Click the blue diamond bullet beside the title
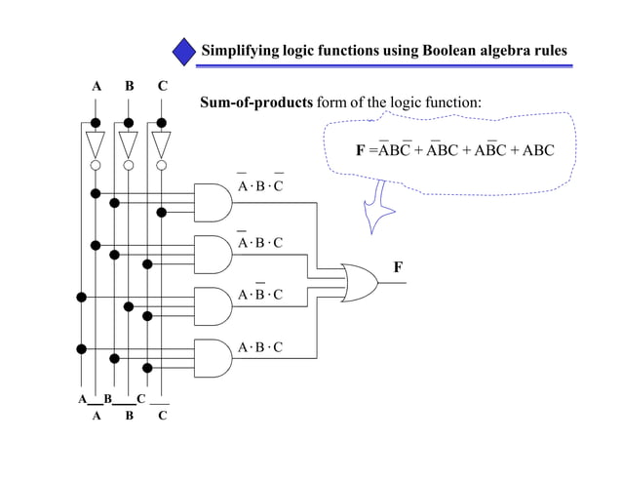pyautogui.click(x=185, y=51)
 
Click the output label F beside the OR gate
pyautogui.click(x=397, y=266)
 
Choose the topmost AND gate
pyautogui.click(x=213, y=201)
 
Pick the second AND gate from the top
pyautogui.click(x=213, y=253)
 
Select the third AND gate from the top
pyautogui.click(x=213, y=304)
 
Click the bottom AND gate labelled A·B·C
pyautogui.click(x=213, y=356)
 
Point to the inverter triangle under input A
pyautogui.click(x=95, y=144)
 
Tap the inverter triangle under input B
pyautogui.click(x=128, y=144)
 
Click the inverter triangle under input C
pyautogui.click(x=161, y=144)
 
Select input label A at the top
pyautogui.click(x=96, y=86)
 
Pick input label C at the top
pyautogui.click(x=162, y=86)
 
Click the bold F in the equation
pyautogui.click(x=360, y=150)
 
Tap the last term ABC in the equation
pyautogui.click(x=537, y=150)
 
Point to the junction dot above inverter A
pyautogui.click(x=95, y=122)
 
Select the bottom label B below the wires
pyautogui.click(x=129, y=416)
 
